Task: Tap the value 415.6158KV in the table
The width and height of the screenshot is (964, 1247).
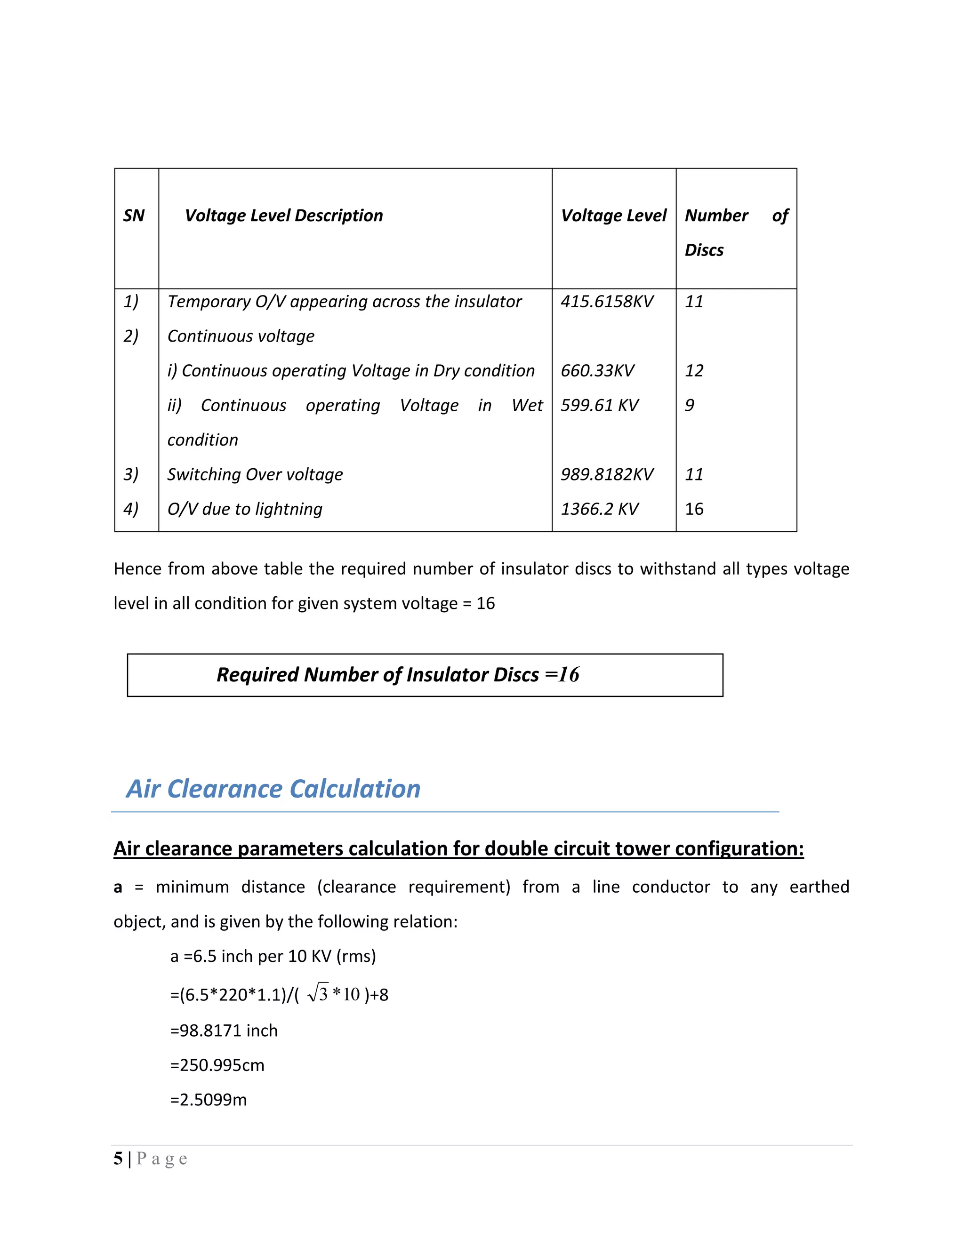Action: (606, 302)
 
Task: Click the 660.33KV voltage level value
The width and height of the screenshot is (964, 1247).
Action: (597, 370)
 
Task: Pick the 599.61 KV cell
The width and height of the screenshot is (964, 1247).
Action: (599, 405)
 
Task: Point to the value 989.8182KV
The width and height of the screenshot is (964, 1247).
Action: (606, 474)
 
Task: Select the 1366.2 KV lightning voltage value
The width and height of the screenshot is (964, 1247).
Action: (599, 509)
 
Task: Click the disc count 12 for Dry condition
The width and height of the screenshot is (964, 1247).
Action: (694, 370)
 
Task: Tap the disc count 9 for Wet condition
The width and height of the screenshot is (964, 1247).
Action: (689, 405)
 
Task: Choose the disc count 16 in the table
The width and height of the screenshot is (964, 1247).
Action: (694, 509)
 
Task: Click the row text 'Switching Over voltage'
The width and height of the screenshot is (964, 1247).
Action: (255, 474)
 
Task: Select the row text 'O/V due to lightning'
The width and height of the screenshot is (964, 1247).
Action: (244, 509)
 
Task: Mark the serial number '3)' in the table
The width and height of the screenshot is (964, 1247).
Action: (131, 474)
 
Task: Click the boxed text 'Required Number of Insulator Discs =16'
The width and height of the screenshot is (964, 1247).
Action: (397, 675)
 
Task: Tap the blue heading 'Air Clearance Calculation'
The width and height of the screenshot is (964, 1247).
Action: (273, 789)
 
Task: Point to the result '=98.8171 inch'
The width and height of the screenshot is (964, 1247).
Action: (224, 1031)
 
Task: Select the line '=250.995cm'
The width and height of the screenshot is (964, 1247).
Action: (217, 1065)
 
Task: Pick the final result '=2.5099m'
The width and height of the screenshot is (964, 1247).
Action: (209, 1100)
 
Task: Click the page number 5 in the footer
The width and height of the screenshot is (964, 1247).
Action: (118, 1159)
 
